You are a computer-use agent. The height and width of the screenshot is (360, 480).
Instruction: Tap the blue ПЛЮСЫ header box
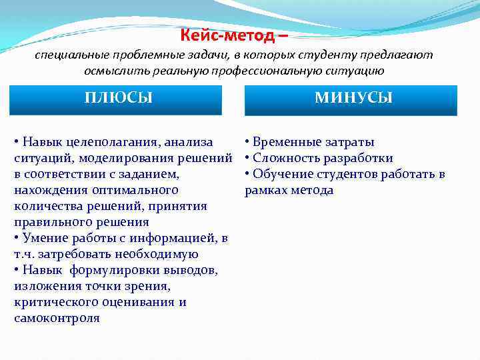(119, 99)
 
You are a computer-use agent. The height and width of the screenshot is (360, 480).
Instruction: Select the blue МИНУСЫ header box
(353, 99)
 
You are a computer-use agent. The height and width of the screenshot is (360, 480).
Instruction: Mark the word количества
(44, 206)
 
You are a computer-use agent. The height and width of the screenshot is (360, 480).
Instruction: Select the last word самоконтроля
(57, 318)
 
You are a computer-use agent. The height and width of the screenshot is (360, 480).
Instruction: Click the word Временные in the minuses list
(286, 142)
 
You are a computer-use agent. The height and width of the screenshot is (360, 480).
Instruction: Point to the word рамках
(265, 190)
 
